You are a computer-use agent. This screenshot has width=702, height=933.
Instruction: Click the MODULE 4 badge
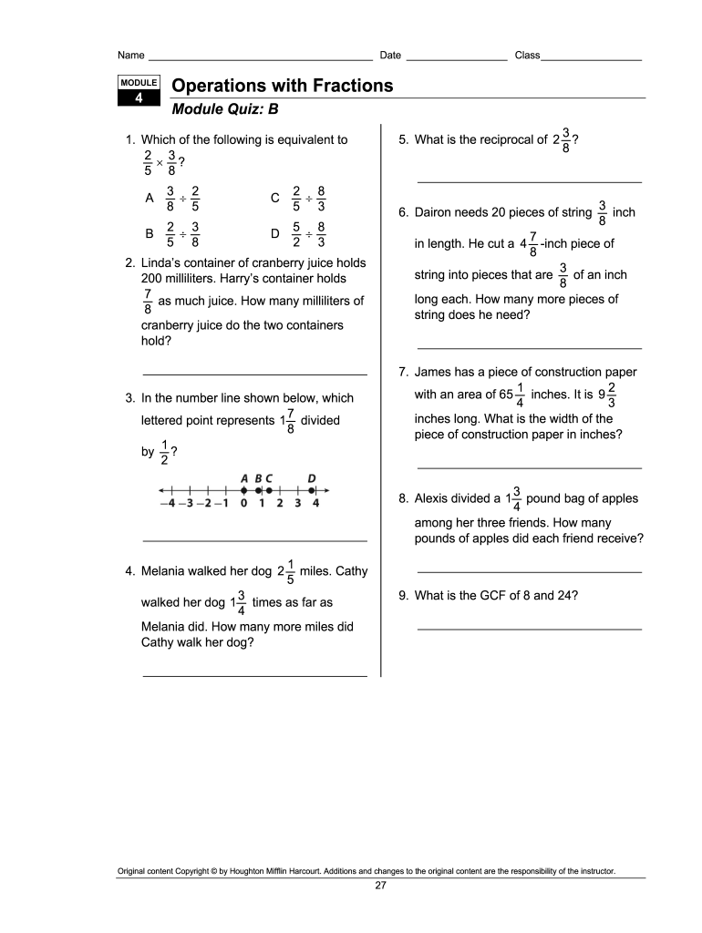point(139,90)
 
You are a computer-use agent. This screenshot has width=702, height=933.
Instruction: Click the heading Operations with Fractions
point(283,86)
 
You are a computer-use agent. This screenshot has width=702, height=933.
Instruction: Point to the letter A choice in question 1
point(150,198)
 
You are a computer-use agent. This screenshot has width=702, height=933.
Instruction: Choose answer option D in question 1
point(275,233)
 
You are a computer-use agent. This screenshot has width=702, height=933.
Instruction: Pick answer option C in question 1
point(275,198)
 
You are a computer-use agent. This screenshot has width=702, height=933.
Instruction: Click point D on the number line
point(312,489)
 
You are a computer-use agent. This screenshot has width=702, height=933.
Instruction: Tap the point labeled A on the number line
point(243,489)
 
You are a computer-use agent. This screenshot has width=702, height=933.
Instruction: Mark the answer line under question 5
point(529,181)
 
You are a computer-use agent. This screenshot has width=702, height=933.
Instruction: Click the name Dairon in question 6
point(434,212)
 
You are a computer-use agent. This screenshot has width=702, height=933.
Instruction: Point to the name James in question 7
point(433,372)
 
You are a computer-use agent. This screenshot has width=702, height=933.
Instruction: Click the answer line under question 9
point(529,628)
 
